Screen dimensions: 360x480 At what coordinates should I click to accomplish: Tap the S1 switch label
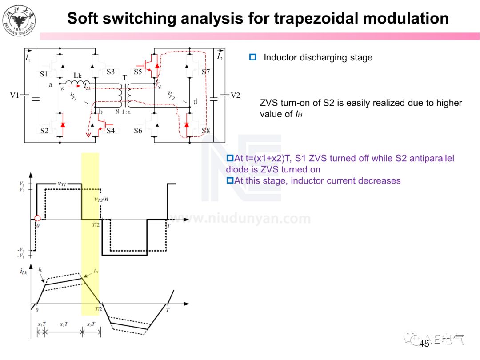tap(44, 73)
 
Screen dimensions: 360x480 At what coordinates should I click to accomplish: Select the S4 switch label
tap(111, 131)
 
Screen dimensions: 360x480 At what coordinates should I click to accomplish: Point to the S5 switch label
tap(138, 72)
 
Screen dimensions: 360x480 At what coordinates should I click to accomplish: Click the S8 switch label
tap(206, 131)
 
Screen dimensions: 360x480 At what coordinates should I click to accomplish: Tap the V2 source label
tap(235, 95)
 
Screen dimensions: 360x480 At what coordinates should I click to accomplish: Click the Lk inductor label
tap(78, 76)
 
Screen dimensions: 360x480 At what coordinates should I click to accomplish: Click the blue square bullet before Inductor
tap(253, 57)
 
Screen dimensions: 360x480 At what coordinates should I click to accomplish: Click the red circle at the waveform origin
tap(37, 218)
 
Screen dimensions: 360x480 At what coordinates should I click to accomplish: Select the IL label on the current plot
tap(40, 270)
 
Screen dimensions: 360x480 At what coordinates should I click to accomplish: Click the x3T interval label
tap(91, 324)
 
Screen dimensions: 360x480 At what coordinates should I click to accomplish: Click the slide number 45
tap(424, 343)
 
